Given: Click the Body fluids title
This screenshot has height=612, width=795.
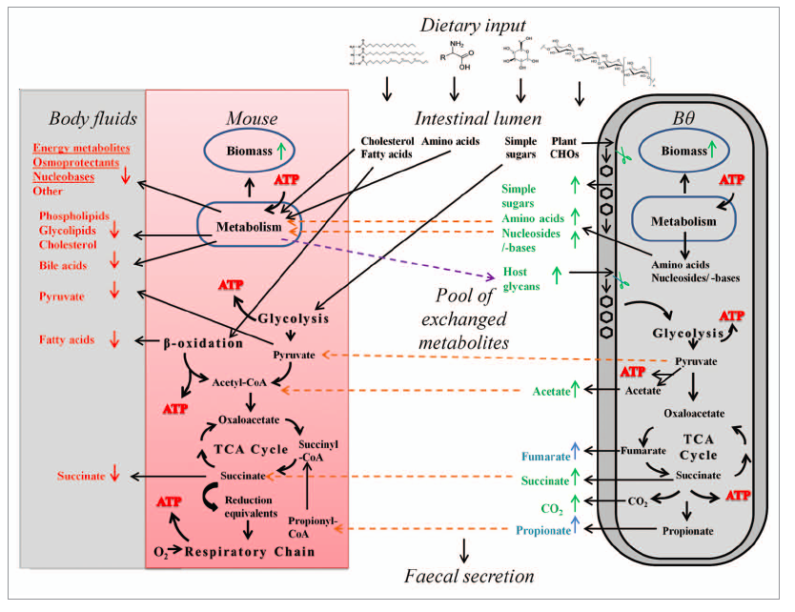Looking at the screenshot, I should point(93,118).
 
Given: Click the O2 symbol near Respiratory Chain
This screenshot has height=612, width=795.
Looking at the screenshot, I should point(162,551).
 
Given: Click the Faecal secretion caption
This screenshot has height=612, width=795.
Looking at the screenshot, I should point(471,575).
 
